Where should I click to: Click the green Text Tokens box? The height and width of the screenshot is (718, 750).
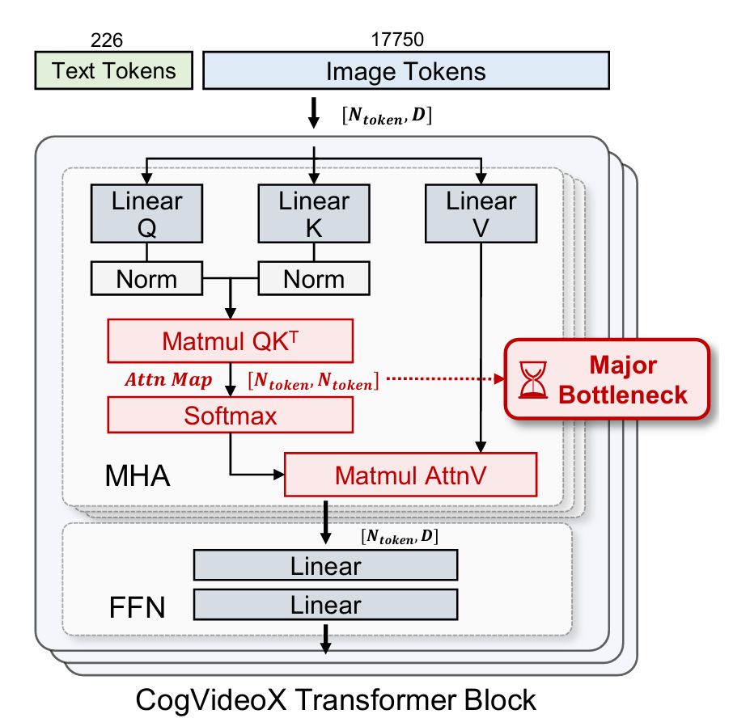tap(114, 70)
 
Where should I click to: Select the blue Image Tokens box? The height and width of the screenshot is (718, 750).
tap(405, 71)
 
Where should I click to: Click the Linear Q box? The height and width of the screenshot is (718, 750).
tap(146, 214)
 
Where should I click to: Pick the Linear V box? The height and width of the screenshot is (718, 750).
tap(481, 214)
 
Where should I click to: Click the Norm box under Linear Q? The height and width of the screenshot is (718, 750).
tap(146, 280)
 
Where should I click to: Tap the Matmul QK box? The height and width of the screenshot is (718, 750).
tap(230, 340)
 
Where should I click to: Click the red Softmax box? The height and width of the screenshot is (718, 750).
tap(230, 416)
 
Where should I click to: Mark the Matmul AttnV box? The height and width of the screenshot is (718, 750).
tap(411, 475)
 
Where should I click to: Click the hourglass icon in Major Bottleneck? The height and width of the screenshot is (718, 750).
tap(533, 379)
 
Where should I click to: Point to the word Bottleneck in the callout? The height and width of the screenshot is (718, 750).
tap(623, 395)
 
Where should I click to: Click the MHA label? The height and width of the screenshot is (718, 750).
tap(138, 475)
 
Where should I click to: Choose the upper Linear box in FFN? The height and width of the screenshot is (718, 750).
tap(325, 566)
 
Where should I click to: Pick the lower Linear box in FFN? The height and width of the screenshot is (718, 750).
tap(325, 605)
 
